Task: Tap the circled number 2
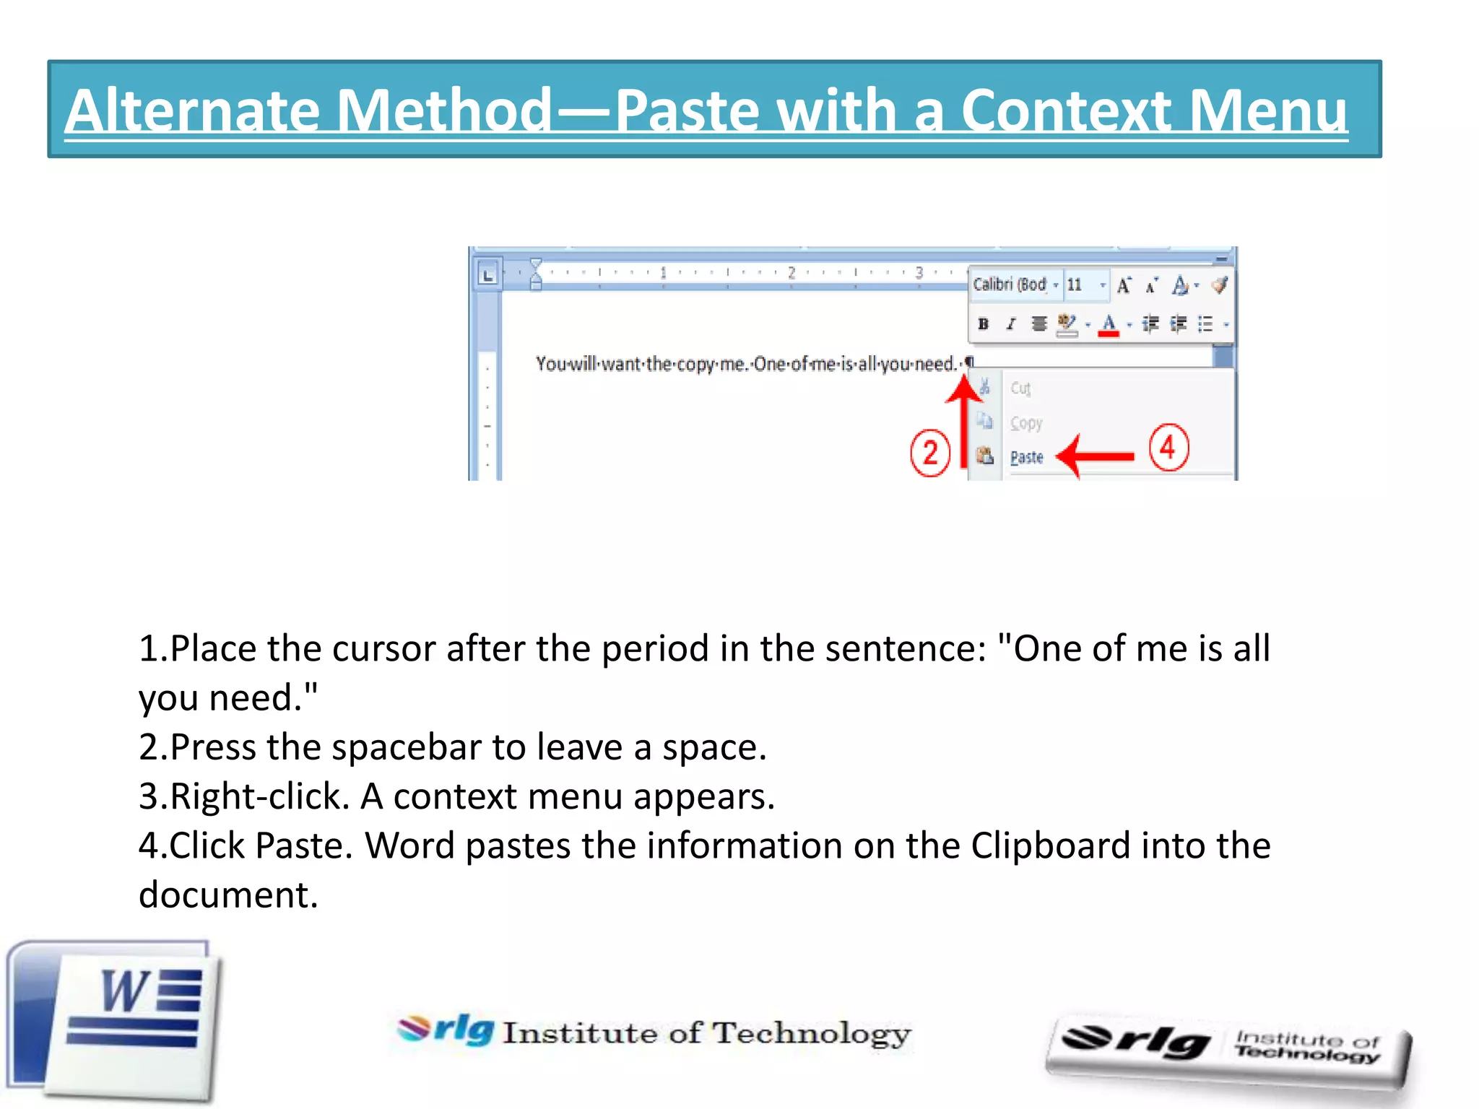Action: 929,453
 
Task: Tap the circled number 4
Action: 1168,448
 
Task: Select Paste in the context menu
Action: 1026,457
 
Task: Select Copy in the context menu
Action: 1026,423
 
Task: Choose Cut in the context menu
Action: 1020,388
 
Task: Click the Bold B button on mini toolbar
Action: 983,324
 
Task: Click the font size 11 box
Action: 1075,284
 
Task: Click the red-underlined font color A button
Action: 1109,325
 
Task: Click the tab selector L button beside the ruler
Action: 488,275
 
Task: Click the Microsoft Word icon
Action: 116,1019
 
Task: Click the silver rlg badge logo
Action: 1228,1051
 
